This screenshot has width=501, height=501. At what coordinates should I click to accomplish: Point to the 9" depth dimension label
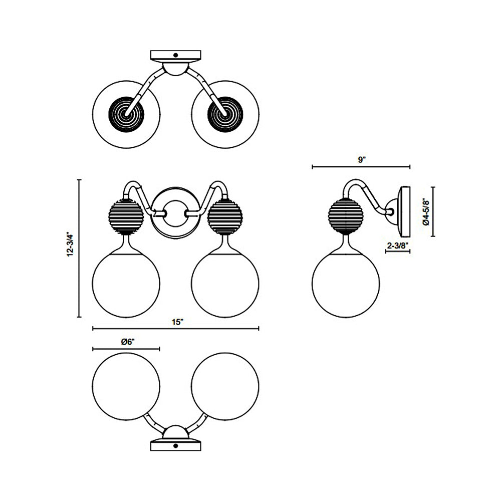click(362, 160)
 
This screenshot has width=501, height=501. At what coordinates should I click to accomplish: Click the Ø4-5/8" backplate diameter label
click(426, 211)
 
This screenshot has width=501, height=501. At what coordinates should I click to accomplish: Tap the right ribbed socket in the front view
click(225, 216)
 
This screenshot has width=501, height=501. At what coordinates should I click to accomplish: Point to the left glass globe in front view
click(127, 284)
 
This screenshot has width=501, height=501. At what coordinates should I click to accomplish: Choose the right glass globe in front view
click(225, 284)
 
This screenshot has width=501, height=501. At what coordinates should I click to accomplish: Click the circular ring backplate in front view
click(175, 213)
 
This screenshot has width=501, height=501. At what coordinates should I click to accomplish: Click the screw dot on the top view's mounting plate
click(175, 55)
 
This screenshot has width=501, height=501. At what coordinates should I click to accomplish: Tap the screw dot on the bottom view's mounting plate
click(175, 446)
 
